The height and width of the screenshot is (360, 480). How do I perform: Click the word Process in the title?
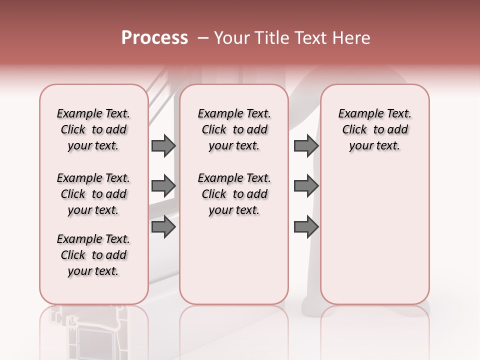pyautogui.click(x=154, y=37)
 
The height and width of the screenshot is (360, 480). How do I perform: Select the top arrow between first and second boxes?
pyautogui.click(x=163, y=145)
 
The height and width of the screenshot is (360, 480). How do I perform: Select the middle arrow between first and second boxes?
pyautogui.click(x=163, y=186)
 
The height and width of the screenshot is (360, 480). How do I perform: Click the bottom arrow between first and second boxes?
pyautogui.click(x=163, y=227)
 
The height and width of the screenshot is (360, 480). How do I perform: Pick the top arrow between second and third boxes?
pyautogui.click(x=306, y=145)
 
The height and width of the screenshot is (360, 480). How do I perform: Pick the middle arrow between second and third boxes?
pyautogui.click(x=306, y=186)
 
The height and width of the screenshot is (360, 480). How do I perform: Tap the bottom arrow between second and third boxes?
pyautogui.click(x=306, y=227)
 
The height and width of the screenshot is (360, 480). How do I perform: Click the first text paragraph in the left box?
pyautogui.click(x=93, y=129)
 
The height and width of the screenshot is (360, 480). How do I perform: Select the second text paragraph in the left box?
pyautogui.click(x=93, y=194)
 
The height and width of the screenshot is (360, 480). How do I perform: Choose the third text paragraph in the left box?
pyautogui.click(x=93, y=255)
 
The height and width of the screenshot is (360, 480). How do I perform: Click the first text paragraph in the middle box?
pyautogui.click(x=234, y=129)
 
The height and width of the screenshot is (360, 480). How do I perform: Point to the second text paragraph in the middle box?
pyautogui.click(x=234, y=194)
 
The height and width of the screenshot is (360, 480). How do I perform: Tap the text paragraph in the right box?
pyautogui.click(x=375, y=129)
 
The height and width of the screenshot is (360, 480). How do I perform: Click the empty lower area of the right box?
pyautogui.click(x=375, y=235)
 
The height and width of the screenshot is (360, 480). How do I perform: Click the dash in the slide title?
pyautogui.click(x=203, y=37)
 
